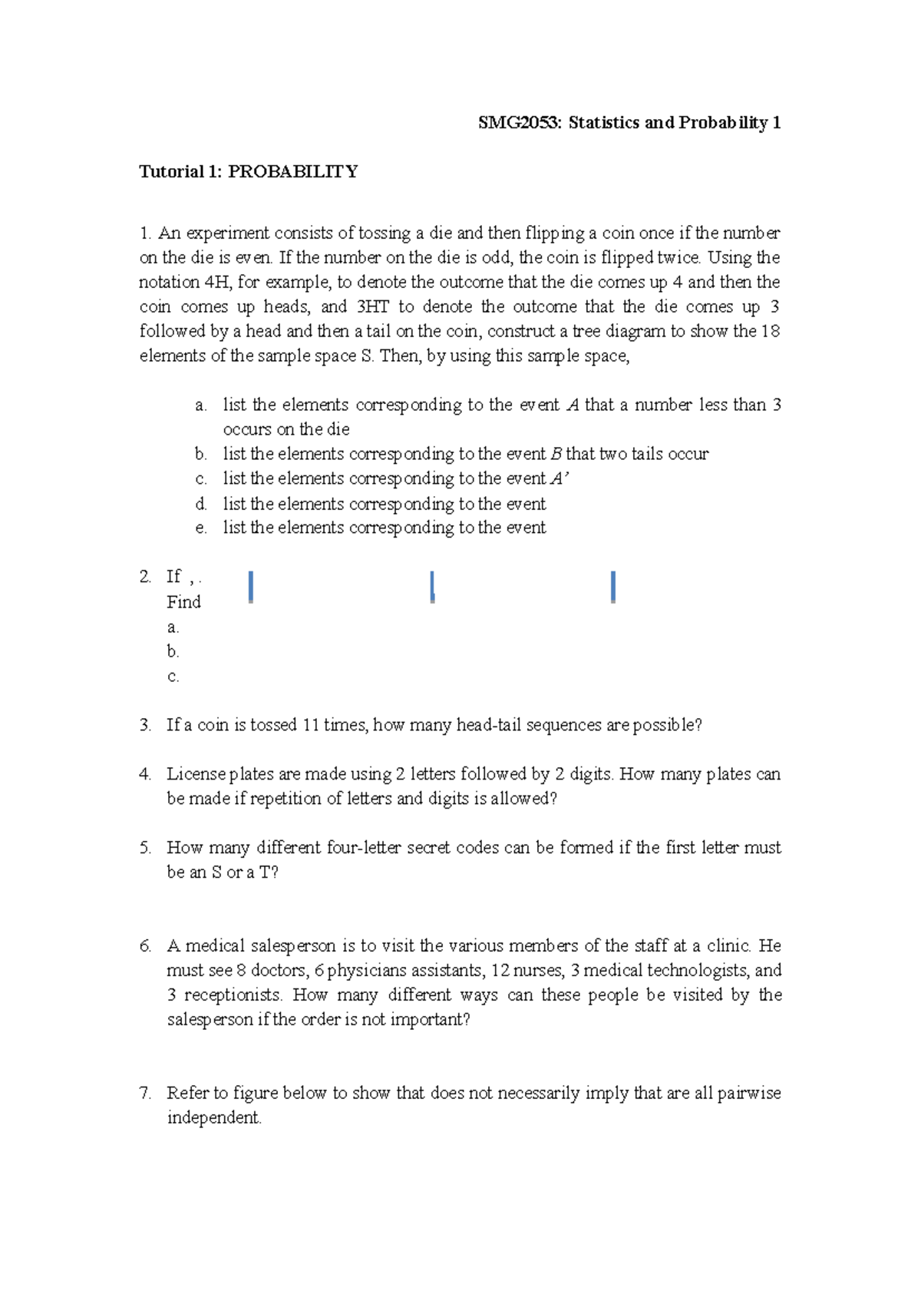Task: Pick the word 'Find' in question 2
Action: click(x=183, y=602)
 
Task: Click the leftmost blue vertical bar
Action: click(x=251, y=587)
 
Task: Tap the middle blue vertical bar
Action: click(x=433, y=587)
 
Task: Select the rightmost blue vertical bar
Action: click(x=612, y=587)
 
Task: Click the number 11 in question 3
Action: click(x=311, y=725)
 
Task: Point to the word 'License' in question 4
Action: click(x=196, y=774)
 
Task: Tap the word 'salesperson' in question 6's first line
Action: click(x=293, y=946)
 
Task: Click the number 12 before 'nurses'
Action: click(x=500, y=971)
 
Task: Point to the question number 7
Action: click(x=145, y=1093)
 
